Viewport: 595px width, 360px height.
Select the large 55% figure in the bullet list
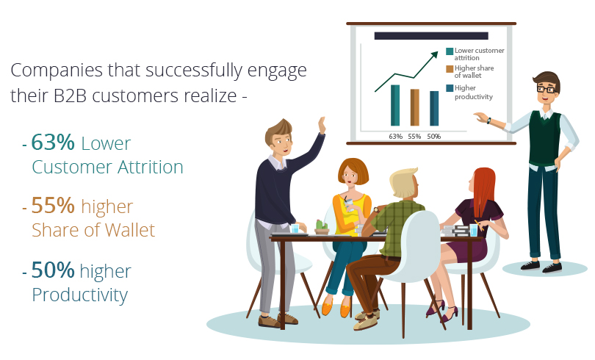pos(53,206)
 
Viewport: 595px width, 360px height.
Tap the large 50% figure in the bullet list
pos(53,271)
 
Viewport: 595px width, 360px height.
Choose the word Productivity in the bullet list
pos(79,295)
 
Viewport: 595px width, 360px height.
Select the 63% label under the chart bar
pos(395,136)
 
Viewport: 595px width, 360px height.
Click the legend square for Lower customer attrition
pos(450,51)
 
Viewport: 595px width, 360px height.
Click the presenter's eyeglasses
pos(546,89)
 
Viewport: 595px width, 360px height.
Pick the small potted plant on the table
pos(321,227)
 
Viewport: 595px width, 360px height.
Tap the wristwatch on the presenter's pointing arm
pos(488,120)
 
